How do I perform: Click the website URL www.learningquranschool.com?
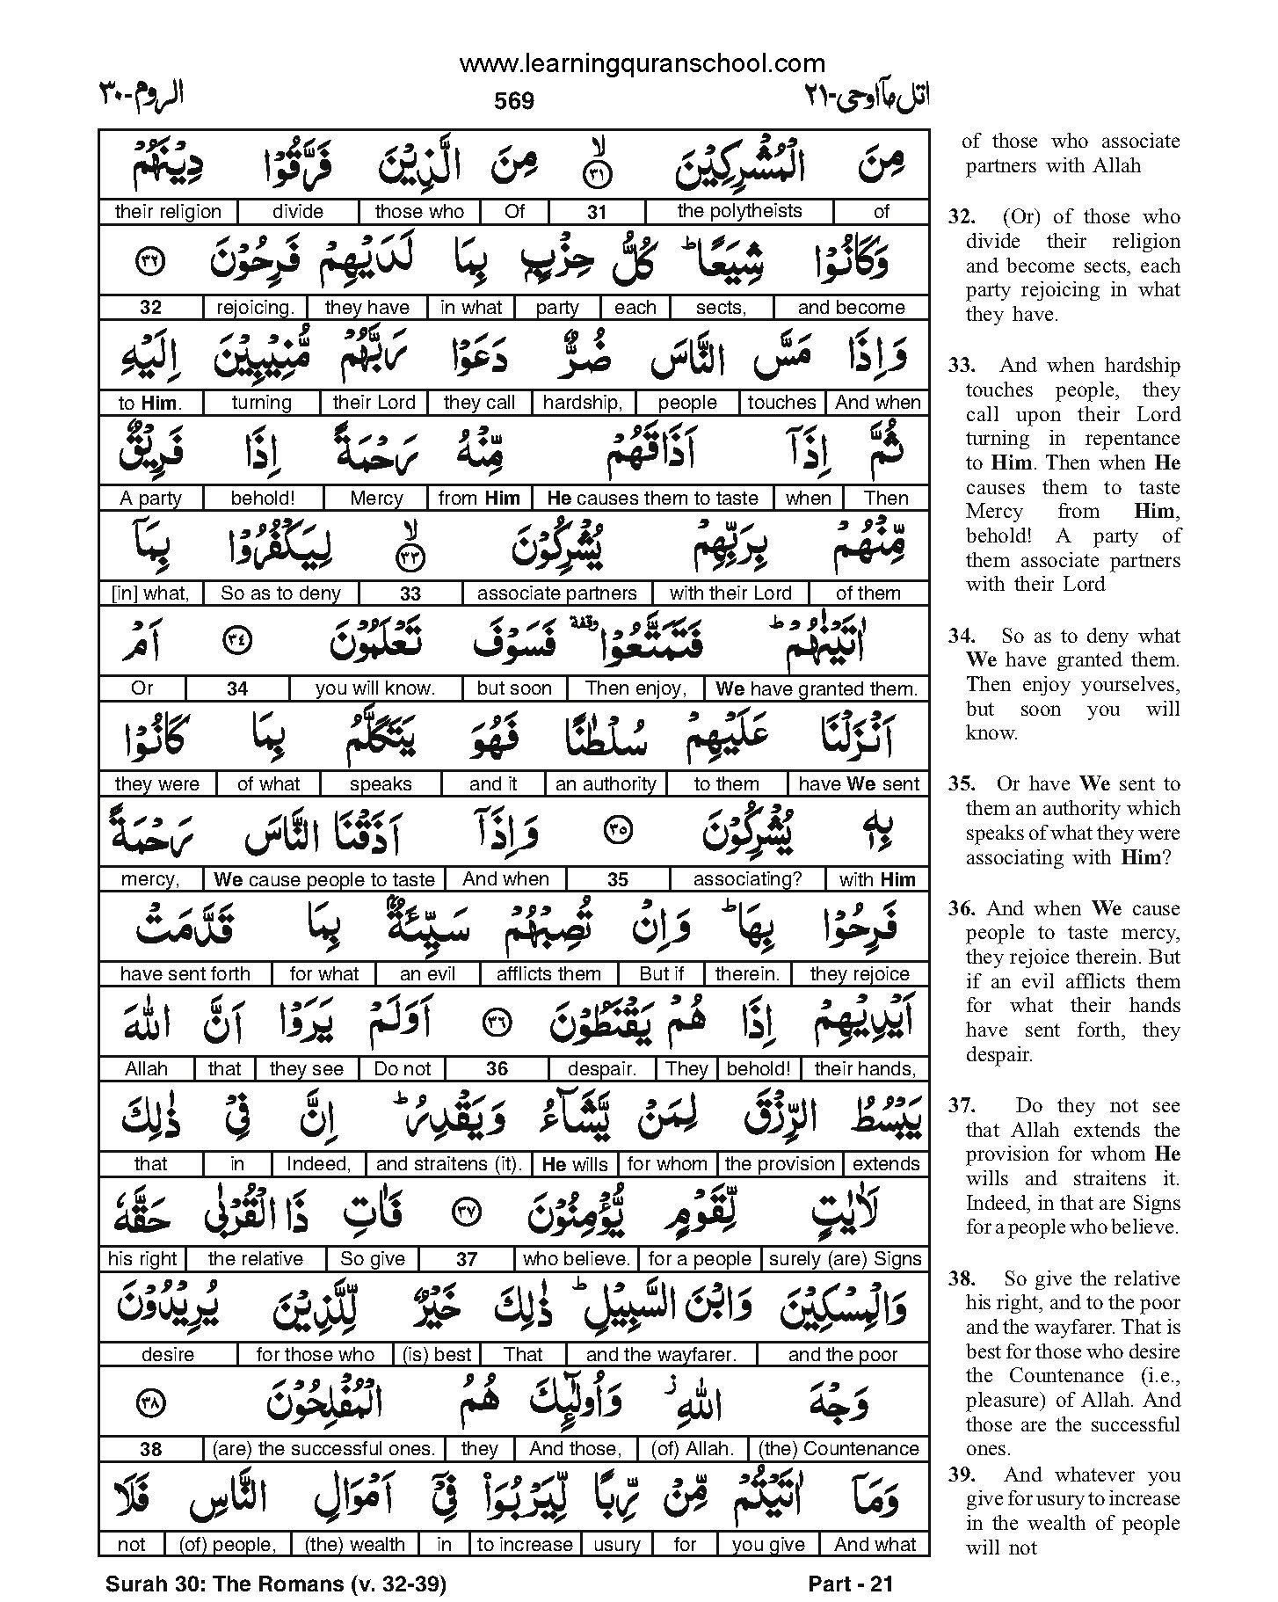(x=642, y=63)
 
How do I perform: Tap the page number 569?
(x=514, y=101)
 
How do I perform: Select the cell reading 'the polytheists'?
(x=738, y=211)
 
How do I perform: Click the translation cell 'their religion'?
(x=167, y=212)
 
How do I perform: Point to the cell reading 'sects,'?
(x=721, y=308)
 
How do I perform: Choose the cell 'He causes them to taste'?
(x=652, y=499)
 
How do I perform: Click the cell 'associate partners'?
(x=556, y=593)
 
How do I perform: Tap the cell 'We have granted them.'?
(x=817, y=688)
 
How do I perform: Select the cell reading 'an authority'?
(x=606, y=783)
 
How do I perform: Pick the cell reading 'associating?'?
(x=746, y=879)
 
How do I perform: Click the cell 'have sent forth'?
(x=185, y=974)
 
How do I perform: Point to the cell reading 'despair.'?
(x=602, y=1069)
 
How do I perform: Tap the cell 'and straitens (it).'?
(x=449, y=1164)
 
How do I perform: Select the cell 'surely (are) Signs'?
(x=845, y=1259)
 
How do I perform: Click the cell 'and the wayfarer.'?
(x=661, y=1355)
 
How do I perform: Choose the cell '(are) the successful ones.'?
(x=323, y=1449)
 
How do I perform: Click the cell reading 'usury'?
(x=616, y=1544)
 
